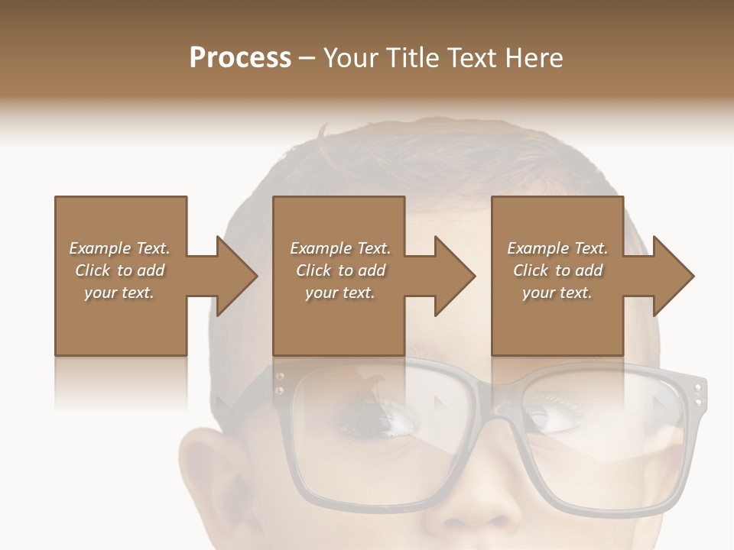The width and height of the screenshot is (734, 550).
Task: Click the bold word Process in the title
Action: coord(240,58)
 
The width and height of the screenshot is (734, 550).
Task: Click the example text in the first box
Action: coord(119,270)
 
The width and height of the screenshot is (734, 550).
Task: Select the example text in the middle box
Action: coord(339,270)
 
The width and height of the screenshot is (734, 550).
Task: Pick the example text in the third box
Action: coord(557,270)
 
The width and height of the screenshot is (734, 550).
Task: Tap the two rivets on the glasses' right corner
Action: coord(697,395)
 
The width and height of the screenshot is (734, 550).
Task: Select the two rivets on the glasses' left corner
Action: coord(280,383)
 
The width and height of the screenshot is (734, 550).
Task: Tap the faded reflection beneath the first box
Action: coord(121,382)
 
